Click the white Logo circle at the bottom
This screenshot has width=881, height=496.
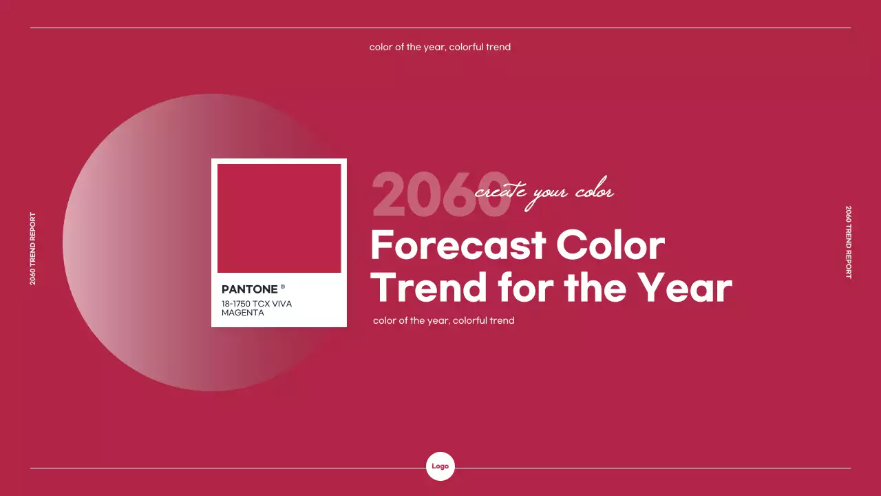pos(440,466)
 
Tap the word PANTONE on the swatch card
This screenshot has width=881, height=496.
pos(249,289)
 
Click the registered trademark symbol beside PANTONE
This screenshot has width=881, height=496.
pos(283,287)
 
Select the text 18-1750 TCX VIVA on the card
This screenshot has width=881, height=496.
pos(257,304)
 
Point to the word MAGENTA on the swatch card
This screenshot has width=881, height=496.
pos(242,313)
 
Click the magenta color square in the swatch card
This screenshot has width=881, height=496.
pos(279,218)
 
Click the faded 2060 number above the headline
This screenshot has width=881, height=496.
pos(427,195)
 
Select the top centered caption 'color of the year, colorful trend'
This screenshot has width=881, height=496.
pos(440,48)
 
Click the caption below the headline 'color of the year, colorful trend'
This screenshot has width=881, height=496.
pos(443,320)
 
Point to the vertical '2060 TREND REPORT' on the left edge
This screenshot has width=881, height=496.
pos(33,249)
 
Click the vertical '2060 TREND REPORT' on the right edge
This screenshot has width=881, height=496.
pos(849,242)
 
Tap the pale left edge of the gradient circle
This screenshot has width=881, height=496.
pos(76,242)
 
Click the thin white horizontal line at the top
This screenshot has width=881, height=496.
pos(440,28)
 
